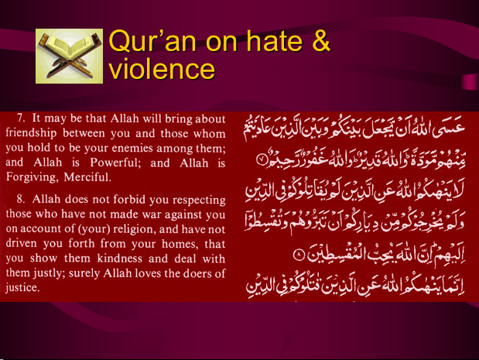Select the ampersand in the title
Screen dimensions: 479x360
click(321, 41)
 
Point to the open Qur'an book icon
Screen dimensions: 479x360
click(70, 56)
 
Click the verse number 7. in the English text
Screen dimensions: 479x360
click(21, 118)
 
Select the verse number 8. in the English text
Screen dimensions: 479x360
click(21, 199)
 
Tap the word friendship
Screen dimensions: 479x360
click(31, 133)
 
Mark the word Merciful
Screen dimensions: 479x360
click(87, 177)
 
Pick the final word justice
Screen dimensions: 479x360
click(22, 288)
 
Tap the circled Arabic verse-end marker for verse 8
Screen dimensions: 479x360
click(299, 255)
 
